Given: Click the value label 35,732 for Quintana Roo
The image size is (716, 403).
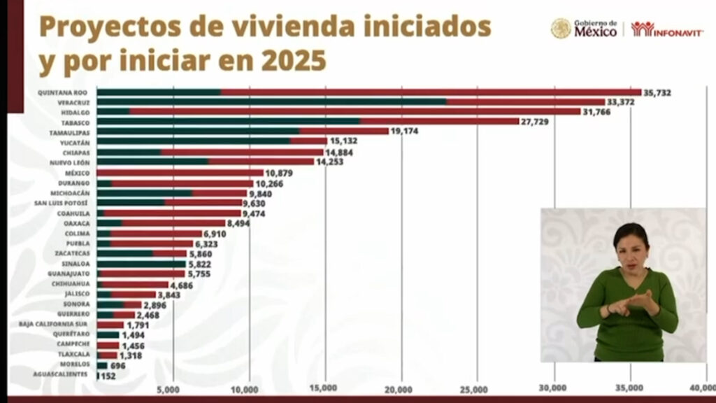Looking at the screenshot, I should [x=658, y=92].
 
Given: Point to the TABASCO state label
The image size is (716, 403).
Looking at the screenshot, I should [x=77, y=121].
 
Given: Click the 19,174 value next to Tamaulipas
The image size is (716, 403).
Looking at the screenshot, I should [x=405, y=131].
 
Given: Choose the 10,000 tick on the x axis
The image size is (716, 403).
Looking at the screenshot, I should [x=246, y=389].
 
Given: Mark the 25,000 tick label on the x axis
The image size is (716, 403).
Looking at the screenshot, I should [x=475, y=389].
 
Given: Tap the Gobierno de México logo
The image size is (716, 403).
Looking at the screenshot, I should [x=585, y=29].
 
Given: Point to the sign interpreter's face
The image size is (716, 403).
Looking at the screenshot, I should [x=631, y=246].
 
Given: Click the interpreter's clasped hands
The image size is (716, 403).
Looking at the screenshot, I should [x=633, y=302].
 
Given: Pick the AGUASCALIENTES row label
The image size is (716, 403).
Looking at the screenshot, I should [x=62, y=375].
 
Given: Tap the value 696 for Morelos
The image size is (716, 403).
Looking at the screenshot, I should [x=117, y=365].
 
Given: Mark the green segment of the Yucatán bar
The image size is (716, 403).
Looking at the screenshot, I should [x=193, y=141].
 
